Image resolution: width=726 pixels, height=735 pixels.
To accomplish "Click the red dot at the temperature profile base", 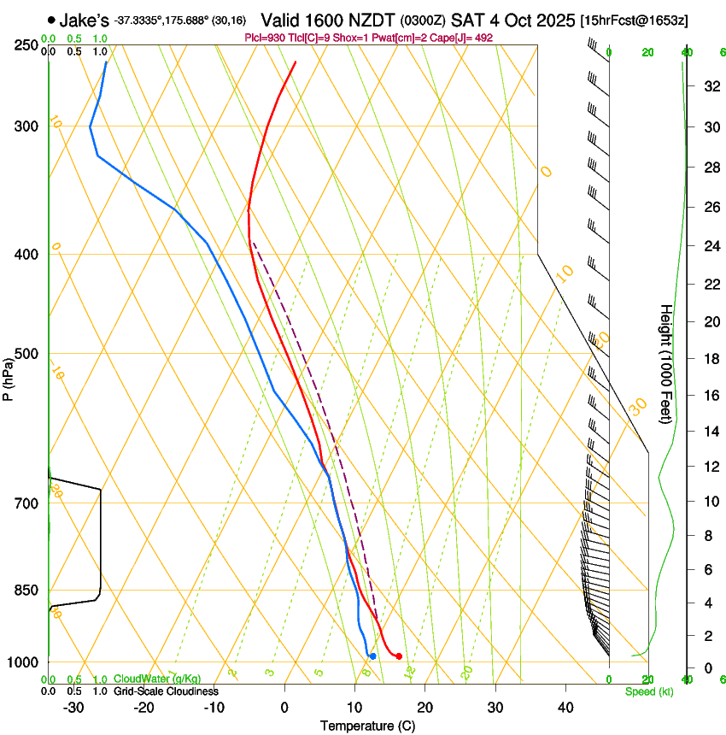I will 399,656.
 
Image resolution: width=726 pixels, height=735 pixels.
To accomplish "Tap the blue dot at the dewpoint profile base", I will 372,656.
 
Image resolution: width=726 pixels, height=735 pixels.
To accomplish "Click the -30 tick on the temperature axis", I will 73,708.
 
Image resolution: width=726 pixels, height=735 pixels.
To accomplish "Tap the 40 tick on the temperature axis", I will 565,708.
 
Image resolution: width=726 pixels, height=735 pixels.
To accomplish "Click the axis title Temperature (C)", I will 367,726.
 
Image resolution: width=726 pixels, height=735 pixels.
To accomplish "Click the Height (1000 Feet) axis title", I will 666,364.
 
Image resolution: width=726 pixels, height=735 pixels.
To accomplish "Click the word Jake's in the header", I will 84,20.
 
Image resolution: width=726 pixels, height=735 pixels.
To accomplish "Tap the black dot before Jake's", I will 52,20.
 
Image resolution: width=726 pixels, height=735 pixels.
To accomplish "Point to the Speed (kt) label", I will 649,691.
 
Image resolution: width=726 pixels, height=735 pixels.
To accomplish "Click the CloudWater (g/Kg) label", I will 157,679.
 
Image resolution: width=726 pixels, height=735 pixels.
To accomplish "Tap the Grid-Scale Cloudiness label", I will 166,691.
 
